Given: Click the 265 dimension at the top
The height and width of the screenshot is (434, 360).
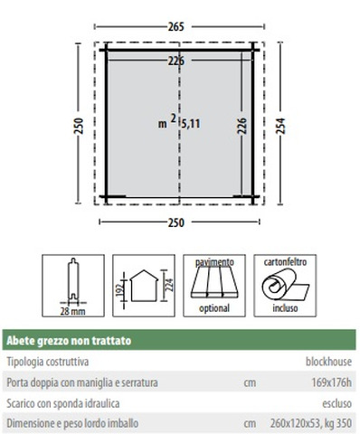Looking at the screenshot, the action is click(x=175, y=27).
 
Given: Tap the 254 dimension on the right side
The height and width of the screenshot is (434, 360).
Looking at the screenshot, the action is click(x=280, y=126).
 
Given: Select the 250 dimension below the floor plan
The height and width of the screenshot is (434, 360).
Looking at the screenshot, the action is click(x=175, y=222).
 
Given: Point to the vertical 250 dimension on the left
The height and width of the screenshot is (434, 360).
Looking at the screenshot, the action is click(x=79, y=126).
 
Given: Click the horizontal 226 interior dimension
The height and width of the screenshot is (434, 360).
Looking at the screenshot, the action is click(x=175, y=61).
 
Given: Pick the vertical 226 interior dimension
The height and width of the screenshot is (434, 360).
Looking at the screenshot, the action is click(x=242, y=126).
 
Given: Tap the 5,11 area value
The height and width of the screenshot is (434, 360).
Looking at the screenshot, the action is click(x=191, y=124).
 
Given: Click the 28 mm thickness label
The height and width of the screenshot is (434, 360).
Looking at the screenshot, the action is click(x=72, y=311).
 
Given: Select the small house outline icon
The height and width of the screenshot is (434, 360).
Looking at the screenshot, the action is click(x=144, y=286).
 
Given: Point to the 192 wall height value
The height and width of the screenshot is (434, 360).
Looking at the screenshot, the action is click(x=120, y=288).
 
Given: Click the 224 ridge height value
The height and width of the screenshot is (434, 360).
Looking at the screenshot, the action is click(x=170, y=285).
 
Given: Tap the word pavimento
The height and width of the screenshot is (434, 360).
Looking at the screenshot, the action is click(x=214, y=262).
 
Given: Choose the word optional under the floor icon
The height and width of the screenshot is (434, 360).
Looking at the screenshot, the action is click(x=214, y=308).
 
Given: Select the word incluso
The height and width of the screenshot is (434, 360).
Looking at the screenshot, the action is click(x=285, y=308).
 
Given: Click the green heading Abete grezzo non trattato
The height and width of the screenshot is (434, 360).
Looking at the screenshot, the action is click(x=69, y=341).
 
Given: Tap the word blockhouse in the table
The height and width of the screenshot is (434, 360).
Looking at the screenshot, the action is click(x=328, y=362).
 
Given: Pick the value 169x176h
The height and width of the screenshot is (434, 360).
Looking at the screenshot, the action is click(x=331, y=382).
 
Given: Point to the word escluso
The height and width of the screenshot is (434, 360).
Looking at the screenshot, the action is click(x=336, y=403).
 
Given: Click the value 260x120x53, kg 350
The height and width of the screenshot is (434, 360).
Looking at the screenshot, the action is click(x=311, y=423).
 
